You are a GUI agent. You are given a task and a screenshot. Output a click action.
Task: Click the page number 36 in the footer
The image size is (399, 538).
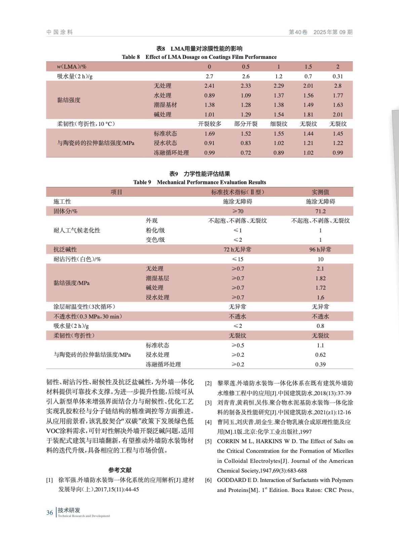(49, 512)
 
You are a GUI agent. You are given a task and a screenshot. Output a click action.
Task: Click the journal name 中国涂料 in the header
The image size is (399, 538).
(59, 32)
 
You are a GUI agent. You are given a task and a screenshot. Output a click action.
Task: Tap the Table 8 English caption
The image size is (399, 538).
(199, 57)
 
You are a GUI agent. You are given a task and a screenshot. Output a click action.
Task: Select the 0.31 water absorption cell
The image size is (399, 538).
(337, 76)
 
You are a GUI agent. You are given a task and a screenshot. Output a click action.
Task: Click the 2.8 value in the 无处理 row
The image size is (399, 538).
(337, 86)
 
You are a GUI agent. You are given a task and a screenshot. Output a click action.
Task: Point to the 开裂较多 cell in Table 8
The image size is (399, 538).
(209, 124)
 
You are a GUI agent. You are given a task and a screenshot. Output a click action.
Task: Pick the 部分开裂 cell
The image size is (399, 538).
(246, 124)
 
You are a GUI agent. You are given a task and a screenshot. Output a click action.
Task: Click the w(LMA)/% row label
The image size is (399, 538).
(72, 67)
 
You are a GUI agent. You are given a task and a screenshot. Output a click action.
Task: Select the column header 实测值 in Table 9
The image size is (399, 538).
(320, 192)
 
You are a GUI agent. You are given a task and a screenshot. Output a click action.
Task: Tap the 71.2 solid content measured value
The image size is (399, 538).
(320, 211)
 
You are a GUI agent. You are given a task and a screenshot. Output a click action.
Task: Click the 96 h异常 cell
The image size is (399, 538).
(320, 249)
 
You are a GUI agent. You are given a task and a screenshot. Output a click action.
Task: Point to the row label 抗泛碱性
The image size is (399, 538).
(65, 249)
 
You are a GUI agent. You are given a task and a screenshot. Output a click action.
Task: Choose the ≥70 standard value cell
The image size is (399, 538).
(238, 211)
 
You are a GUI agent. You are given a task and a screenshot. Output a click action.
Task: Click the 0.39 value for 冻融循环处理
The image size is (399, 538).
(320, 364)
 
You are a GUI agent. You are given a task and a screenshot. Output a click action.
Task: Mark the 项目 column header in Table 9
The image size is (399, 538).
(116, 192)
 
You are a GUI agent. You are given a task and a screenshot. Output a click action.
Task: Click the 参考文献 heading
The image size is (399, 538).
(120, 470)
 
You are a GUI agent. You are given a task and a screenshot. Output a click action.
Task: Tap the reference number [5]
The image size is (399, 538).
(208, 441)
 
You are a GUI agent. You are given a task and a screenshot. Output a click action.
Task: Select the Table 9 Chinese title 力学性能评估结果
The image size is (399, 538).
(207, 174)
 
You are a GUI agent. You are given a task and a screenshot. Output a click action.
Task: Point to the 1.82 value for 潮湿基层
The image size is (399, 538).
(320, 278)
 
